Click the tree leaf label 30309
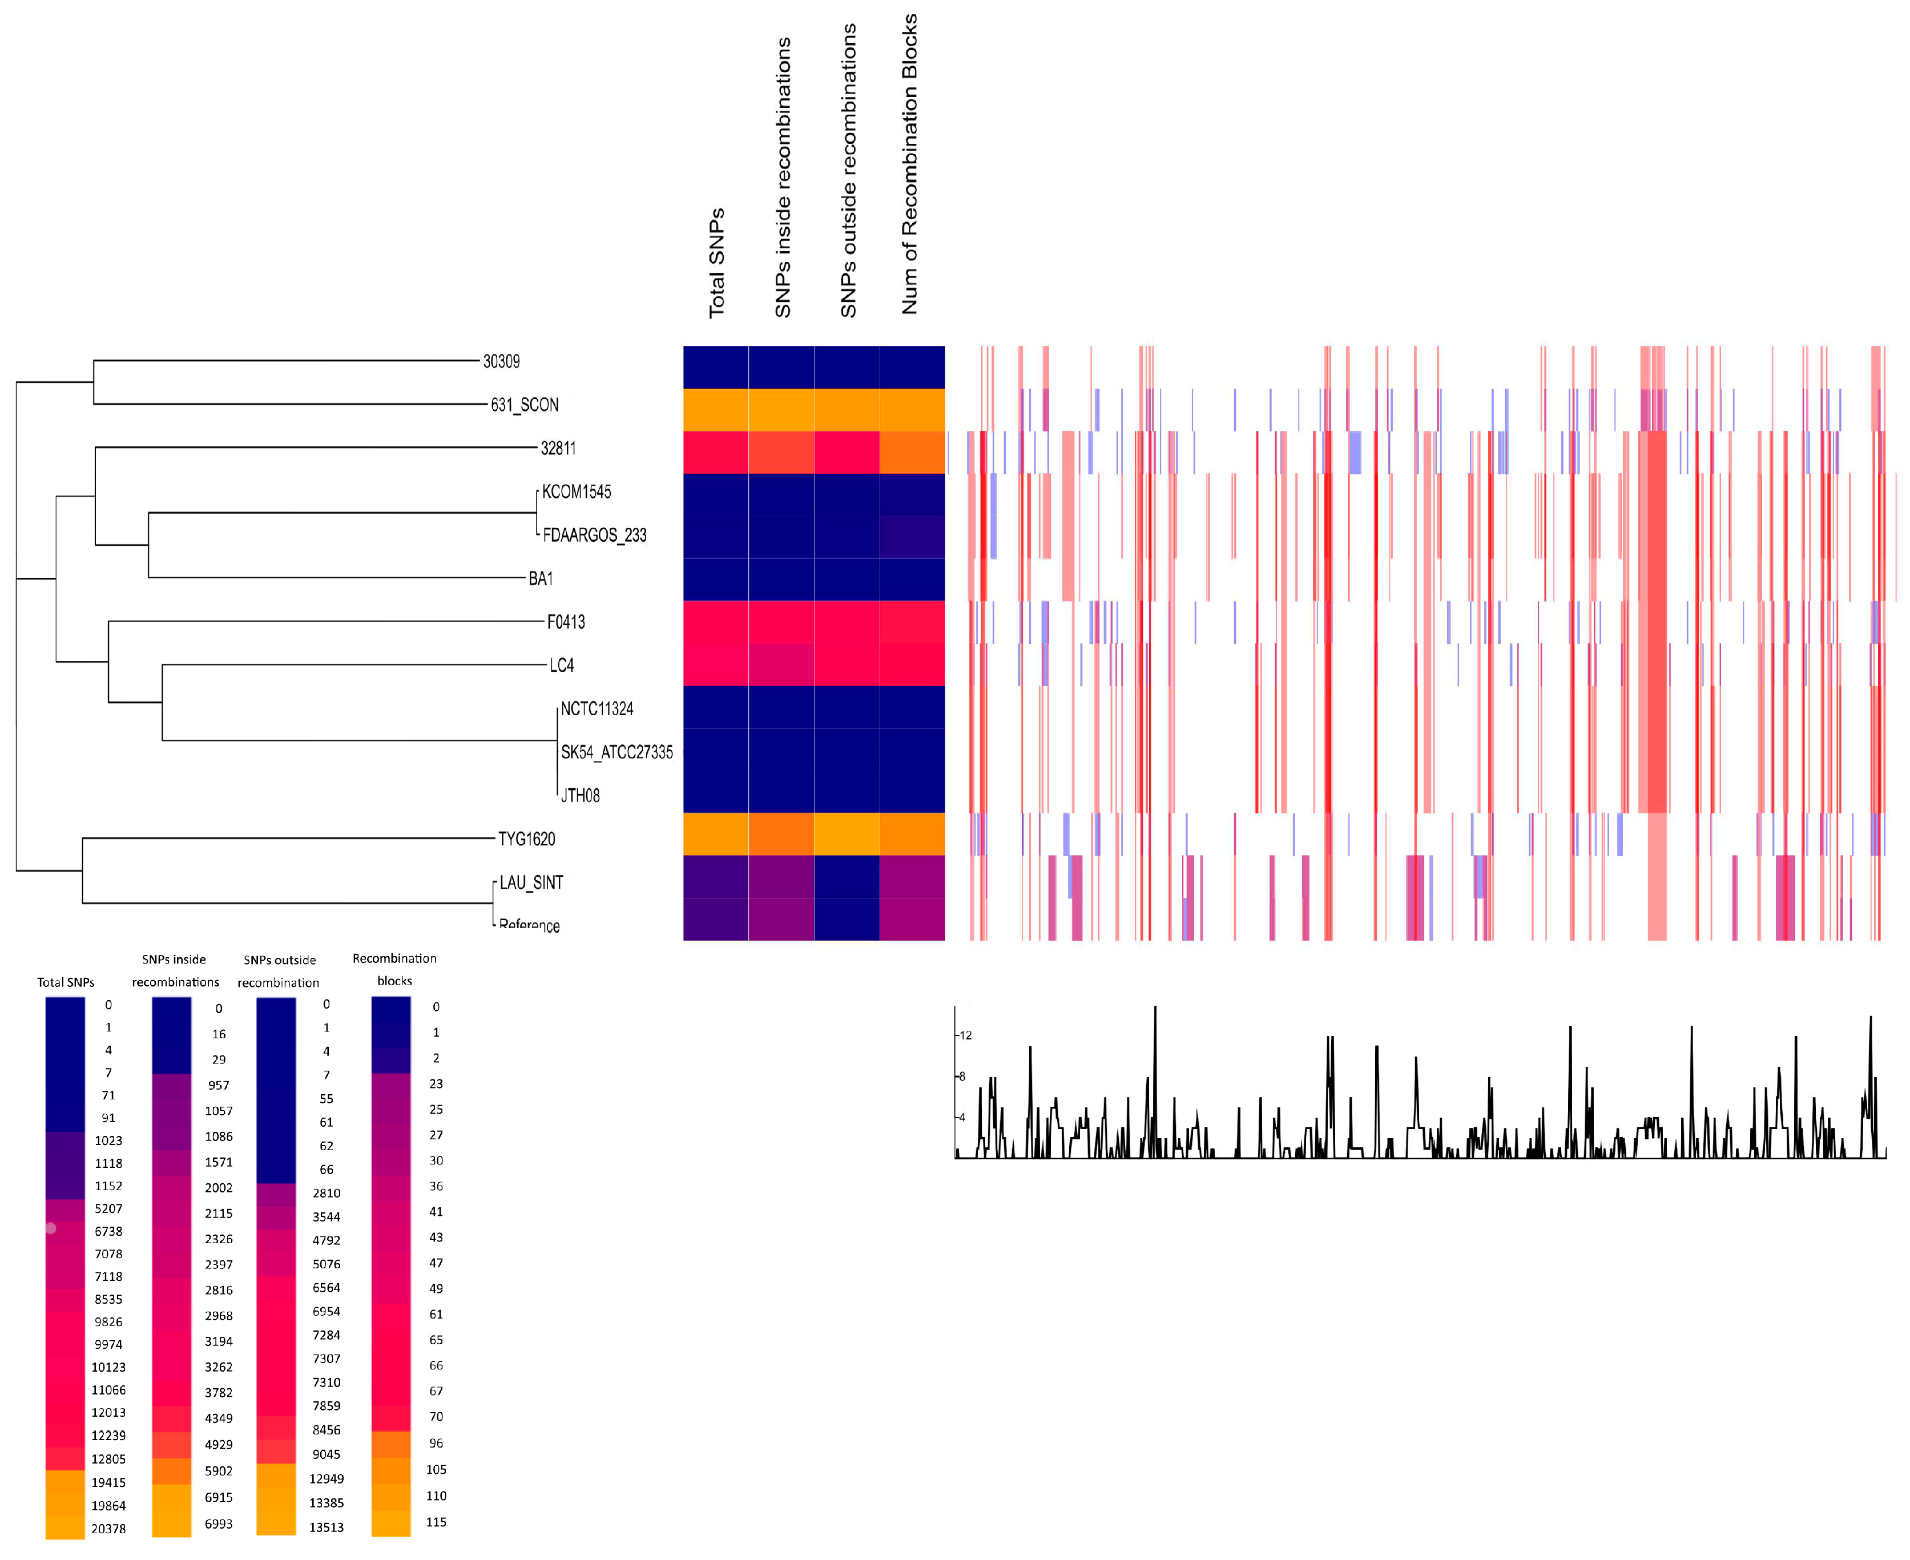pyautogui.click(x=501, y=361)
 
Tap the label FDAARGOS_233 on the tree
pyautogui.click(x=594, y=535)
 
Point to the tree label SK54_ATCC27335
pyautogui.click(x=616, y=752)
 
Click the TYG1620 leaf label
pyautogui.click(x=527, y=839)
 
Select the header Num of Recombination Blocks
pyautogui.click(x=909, y=164)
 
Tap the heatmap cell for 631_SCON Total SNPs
pyautogui.click(x=715, y=410)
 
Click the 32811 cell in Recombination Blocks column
pyautogui.click(x=912, y=452)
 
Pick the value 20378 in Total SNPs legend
pyautogui.click(x=109, y=1529)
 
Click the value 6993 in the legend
pyautogui.click(x=219, y=1524)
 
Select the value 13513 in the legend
pyautogui.click(x=327, y=1527)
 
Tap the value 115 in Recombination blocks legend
pyautogui.click(x=436, y=1522)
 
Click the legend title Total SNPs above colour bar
pyautogui.click(x=66, y=982)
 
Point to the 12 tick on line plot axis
pyautogui.click(x=965, y=1035)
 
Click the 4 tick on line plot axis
pyautogui.click(x=962, y=1118)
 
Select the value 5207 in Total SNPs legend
pyautogui.click(x=109, y=1208)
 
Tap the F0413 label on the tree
pyautogui.click(x=565, y=622)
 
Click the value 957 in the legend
pyautogui.click(x=219, y=1086)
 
